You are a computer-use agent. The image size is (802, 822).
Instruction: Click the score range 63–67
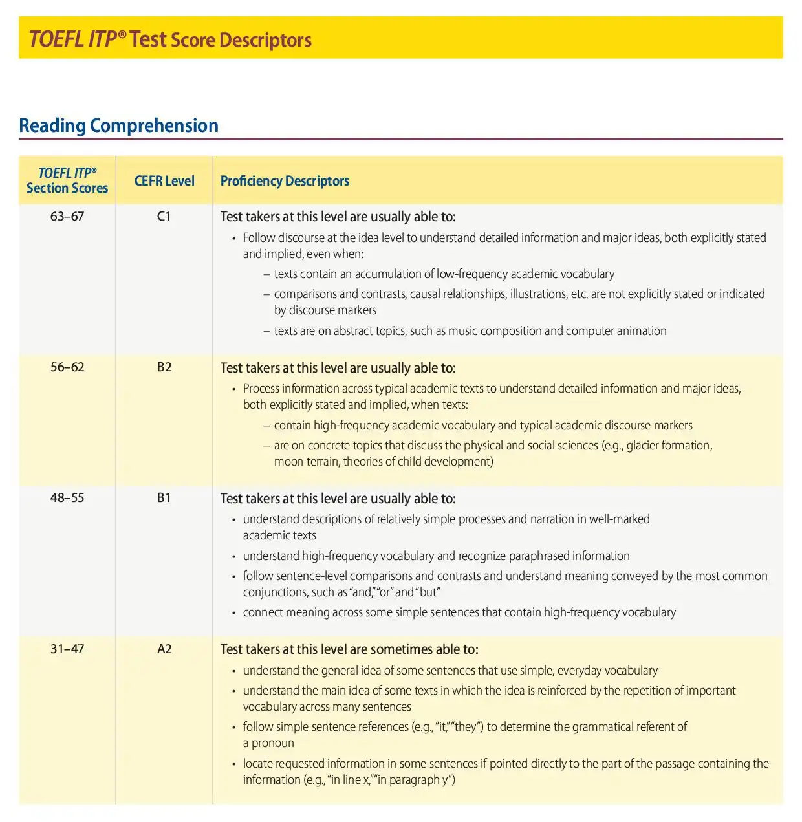pyautogui.click(x=67, y=217)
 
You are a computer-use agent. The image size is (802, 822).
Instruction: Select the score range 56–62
pyautogui.click(x=67, y=367)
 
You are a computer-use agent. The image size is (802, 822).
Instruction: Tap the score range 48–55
pyautogui.click(x=67, y=498)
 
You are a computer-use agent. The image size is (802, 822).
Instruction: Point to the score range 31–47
pyautogui.click(x=67, y=649)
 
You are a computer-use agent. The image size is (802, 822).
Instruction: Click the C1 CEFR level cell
pyautogui.click(x=164, y=217)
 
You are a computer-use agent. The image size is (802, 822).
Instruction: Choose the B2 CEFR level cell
pyautogui.click(x=164, y=367)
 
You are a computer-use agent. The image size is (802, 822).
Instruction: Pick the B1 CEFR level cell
pyautogui.click(x=164, y=498)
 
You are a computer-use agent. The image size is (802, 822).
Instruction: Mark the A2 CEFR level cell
pyautogui.click(x=164, y=649)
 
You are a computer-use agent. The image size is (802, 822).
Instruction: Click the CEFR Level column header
pyautogui.click(x=164, y=181)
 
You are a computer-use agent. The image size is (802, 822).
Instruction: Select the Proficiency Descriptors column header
pyautogui.click(x=285, y=181)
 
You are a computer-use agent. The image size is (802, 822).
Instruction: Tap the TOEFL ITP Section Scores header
pyautogui.click(x=67, y=181)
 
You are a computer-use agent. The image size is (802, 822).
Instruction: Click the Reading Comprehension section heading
pyautogui.click(x=118, y=125)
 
